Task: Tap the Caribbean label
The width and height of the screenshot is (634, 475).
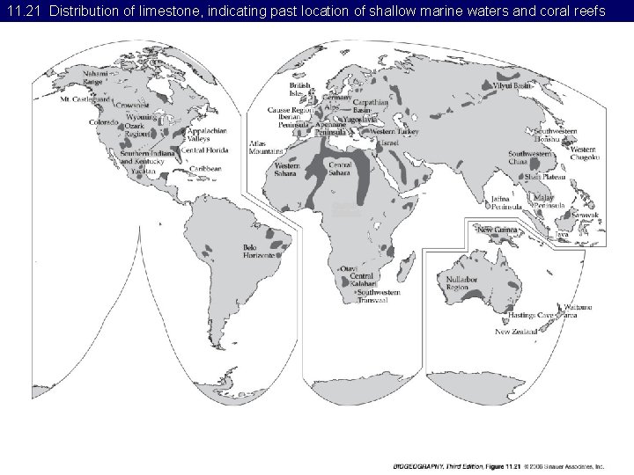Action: [x=203, y=168]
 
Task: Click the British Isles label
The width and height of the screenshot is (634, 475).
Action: [x=302, y=90]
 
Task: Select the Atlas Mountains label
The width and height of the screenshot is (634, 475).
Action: [x=261, y=147]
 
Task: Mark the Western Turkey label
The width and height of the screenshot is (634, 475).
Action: [x=389, y=131]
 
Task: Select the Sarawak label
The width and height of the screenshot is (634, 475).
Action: [x=586, y=215]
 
